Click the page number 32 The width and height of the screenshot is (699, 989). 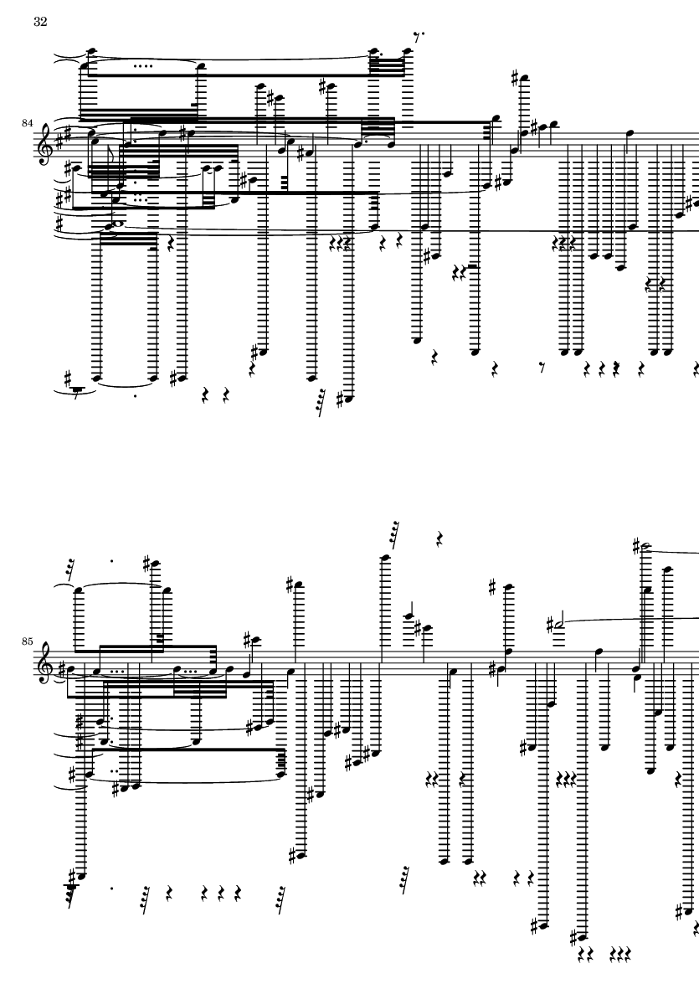40,23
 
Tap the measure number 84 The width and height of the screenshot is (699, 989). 28,124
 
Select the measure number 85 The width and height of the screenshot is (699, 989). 28,642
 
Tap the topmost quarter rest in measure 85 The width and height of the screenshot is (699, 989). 440,539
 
